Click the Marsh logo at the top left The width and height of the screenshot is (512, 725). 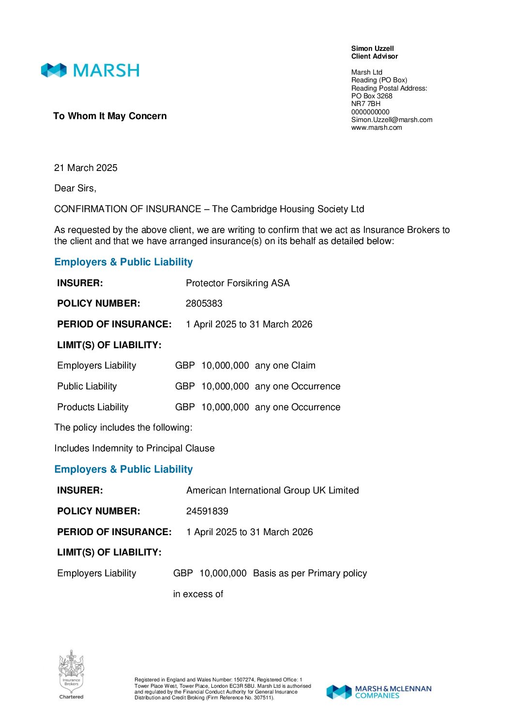coord(90,70)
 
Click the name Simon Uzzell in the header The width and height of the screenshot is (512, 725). coord(372,48)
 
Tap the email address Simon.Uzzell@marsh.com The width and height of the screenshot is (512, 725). coord(392,120)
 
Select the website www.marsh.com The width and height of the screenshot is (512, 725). coord(376,127)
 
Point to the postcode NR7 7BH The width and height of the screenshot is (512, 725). coord(366,104)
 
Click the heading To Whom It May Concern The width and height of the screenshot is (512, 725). coord(110,116)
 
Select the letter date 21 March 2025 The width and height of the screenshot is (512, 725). coord(86,168)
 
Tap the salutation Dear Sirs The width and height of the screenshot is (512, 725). coord(75,188)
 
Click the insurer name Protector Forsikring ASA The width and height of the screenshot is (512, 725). coord(238,283)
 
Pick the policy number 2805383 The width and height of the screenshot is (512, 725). coord(204,303)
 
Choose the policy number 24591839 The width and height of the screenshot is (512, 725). coord(207,511)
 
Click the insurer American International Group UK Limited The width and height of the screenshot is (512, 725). coord(272,490)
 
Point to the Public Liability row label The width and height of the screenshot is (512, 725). coord(87,386)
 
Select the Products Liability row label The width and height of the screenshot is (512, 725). coord(93,407)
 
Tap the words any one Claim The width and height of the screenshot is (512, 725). coord(285,365)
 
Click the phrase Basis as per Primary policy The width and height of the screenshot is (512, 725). coord(310,573)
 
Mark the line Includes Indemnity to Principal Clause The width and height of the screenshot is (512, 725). coord(135,448)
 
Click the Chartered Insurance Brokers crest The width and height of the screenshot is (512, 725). coord(71,674)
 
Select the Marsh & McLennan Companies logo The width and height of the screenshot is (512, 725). coord(378,692)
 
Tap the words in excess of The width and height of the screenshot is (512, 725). coord(198,594)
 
